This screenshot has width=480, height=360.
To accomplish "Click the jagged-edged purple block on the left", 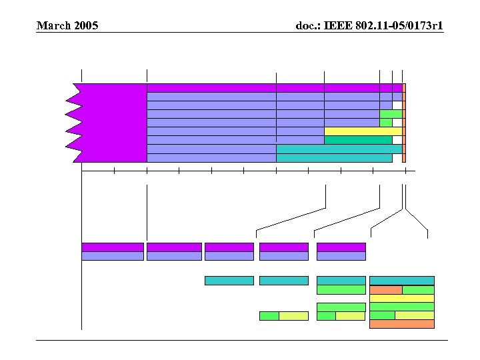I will [x=110, y=123].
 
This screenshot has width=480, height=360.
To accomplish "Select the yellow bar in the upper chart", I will [x=363, y=131].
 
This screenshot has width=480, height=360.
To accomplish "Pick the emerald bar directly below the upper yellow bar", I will [x=358, y=140].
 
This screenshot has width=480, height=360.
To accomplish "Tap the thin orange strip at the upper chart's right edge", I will [x=404, y=123].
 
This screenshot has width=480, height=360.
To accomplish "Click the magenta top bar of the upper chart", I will [x=273, y=87].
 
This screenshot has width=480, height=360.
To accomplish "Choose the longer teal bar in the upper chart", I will [x=339, y=149].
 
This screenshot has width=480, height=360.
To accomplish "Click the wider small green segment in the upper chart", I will [x=391, y=114].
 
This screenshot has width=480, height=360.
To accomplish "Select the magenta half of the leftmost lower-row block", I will [x=112, y=247].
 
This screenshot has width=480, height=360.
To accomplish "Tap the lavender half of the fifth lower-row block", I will [x=341, y=256].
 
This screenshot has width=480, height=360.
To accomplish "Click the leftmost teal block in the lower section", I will [x=229, y=281].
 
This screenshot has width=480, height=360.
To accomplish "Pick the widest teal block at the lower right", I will [x=401, y=281].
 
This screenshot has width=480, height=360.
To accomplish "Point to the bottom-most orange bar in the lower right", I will [x=401, y=324].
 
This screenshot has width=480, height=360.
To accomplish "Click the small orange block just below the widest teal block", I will [x=385, y=290].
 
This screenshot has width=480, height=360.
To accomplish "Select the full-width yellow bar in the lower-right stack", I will [x=401, y=299].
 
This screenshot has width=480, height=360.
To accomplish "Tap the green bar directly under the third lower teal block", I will [x=341, y=290].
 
